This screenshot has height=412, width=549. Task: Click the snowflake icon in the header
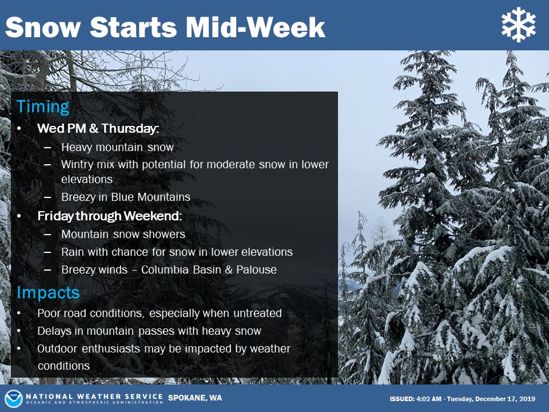[x=518, y=25]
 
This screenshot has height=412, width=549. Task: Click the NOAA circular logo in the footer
[x=14, y=398]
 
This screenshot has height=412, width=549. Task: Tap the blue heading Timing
[x=43, y=107]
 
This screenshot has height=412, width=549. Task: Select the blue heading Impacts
[x=48, y=292]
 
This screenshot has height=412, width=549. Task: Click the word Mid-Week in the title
[x=256, y=27]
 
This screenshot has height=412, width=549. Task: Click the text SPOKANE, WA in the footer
[x=195, y=398]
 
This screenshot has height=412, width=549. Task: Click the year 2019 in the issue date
[x=527, y=399]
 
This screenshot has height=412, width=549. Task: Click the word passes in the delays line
[x=168, y=331]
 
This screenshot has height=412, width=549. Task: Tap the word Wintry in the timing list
[x=77, y=165]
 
